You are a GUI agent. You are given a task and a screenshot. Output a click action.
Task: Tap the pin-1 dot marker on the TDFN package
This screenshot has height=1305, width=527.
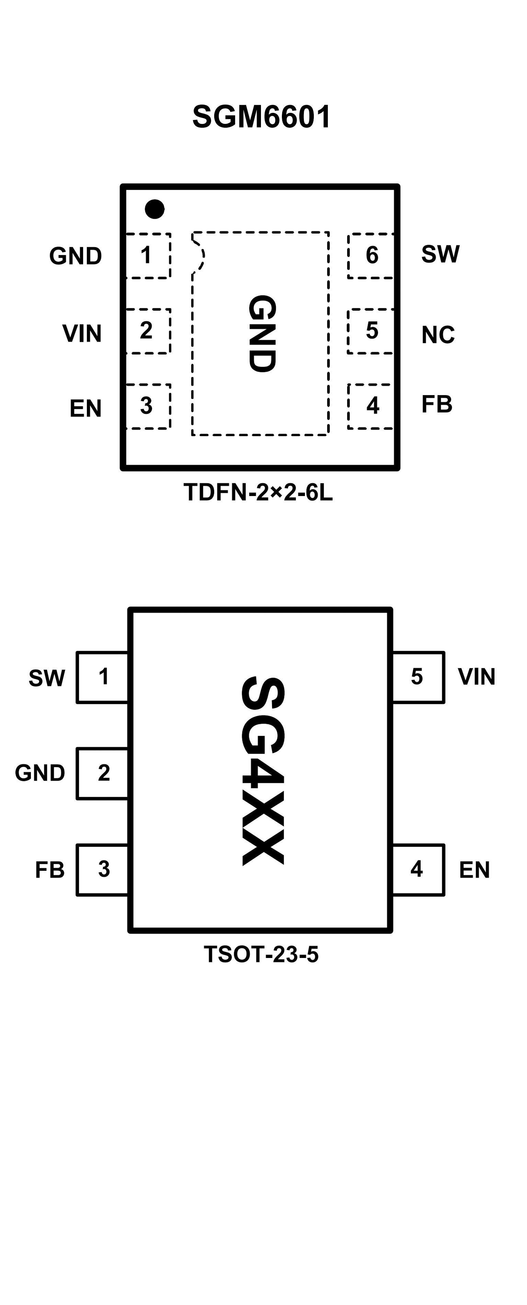click(154, 209)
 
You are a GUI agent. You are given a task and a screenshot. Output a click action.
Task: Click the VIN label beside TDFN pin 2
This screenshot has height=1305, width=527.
click(82, 333)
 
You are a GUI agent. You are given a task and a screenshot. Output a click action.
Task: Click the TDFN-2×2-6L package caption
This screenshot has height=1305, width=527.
click(258, 493)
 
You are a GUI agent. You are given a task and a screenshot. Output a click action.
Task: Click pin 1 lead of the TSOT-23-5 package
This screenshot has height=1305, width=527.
click(103, 677)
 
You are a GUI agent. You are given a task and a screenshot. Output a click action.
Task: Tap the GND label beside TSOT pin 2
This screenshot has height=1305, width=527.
click(40, 773)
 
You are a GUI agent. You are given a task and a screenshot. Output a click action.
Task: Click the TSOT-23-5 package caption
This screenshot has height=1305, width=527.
click(261, 955)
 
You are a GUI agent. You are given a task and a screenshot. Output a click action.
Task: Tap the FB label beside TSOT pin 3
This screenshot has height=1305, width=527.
click(50, 870)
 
